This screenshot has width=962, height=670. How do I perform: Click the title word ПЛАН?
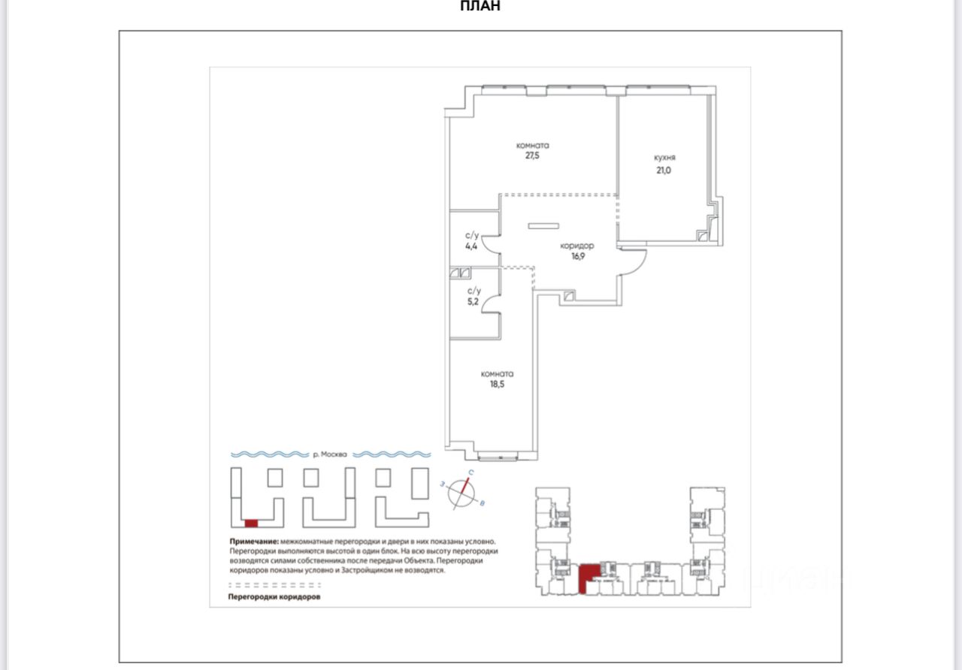pos(480,7)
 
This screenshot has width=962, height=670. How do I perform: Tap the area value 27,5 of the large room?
pos(532,157)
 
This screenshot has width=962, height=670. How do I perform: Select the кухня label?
pos(664,158)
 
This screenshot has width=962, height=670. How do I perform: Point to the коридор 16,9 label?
pos(577,250)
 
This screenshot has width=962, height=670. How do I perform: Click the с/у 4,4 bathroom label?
pos(472,240)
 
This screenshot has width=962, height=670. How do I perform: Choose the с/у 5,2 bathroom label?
pos(473,296)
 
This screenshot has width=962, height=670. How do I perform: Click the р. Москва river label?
pos(330,454)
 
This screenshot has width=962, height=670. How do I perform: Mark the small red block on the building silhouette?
pos(251,522)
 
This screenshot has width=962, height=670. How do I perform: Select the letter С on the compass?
pos(470,472)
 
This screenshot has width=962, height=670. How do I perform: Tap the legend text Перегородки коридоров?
pos(274,597)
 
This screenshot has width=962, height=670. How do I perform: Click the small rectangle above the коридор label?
pos(543,225)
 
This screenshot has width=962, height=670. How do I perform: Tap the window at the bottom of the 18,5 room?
pos(497,454)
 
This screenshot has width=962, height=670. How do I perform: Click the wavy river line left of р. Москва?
pos(268,454)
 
